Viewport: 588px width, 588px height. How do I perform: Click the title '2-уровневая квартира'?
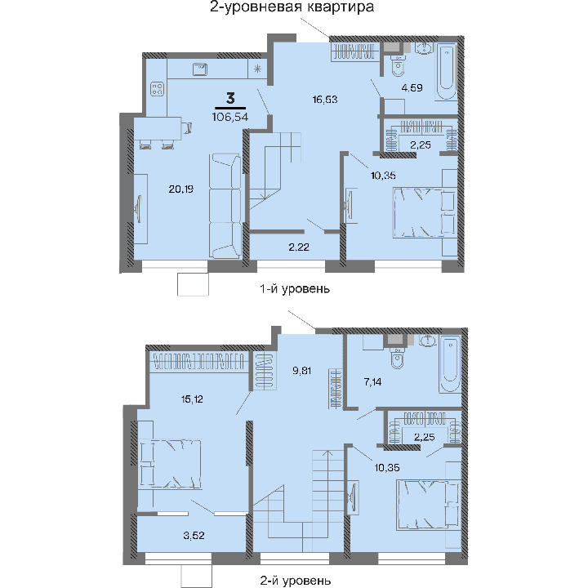[x=292, y=8]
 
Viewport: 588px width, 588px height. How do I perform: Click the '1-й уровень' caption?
[x=294, y=289]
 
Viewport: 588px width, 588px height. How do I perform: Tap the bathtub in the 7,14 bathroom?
[x=451, y=363]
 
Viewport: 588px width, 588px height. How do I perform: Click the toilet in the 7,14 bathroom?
[x=398, y=358]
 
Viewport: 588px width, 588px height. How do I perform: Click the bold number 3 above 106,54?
[x=231, y=99]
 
